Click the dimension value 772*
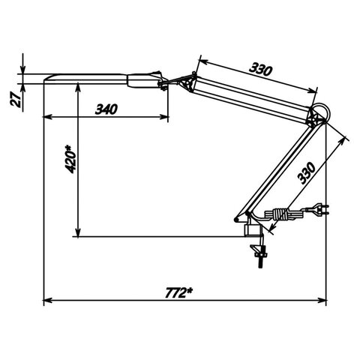tap(179, 292)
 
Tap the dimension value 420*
tap(70, 159)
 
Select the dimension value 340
tap(106, 109)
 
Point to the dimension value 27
tap(16, 100)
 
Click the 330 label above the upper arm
tap(260, 69)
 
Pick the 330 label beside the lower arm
tap(307, 173)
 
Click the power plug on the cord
tap(321, 208)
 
